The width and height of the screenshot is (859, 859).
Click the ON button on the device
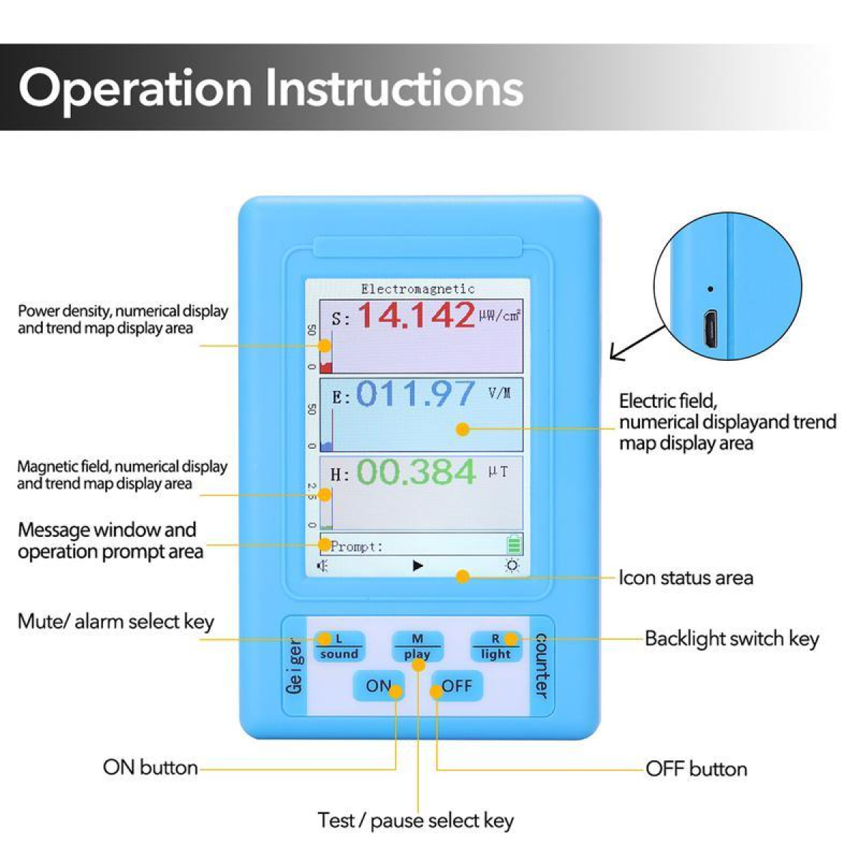point(379,686)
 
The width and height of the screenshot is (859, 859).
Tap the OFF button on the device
point(457,686)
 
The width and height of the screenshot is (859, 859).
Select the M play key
point(417,647)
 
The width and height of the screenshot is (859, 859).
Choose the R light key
point(495,647)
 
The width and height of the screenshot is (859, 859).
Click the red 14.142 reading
point(417,315)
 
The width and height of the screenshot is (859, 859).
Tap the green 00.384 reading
point(417,472)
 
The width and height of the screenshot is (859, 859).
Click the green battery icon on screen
point(514,544)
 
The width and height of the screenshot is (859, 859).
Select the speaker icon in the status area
point(322,566)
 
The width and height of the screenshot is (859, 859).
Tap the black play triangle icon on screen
point(417,566)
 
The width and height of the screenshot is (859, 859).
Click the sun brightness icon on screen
point(513,566)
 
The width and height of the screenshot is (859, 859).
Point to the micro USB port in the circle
point(711,329)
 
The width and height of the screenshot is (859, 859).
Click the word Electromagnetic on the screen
point(417,289)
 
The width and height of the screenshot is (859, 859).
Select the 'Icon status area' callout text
point(686,578)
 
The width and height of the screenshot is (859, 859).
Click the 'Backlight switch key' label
point(732,639)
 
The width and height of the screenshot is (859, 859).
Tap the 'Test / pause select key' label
point(415,820)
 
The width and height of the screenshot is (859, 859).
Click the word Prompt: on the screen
point(356,546)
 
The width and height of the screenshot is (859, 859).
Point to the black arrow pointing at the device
point(638,344)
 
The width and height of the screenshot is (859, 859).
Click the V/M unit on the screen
point(500,393)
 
